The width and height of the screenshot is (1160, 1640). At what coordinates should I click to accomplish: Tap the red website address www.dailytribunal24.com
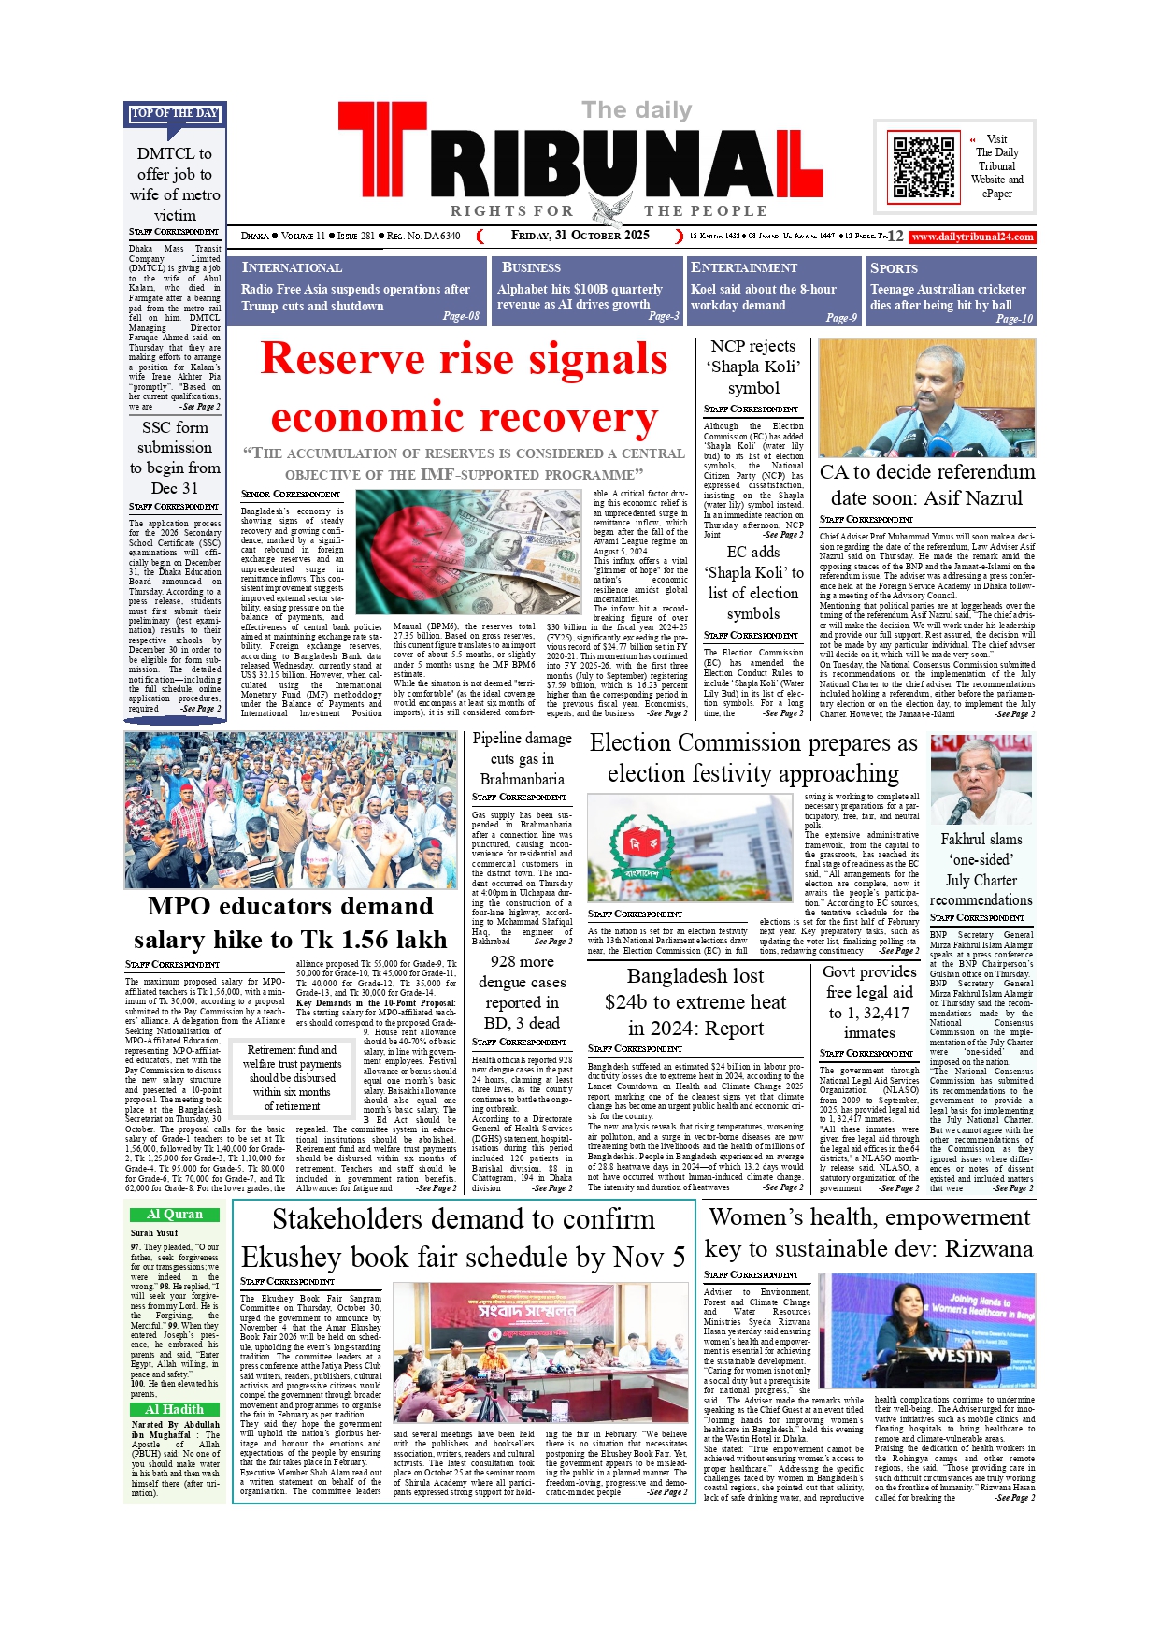point(972,237)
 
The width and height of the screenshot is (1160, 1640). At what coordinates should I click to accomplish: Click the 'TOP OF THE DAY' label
point(175,113)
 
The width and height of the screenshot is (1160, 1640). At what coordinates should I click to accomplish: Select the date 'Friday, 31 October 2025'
point(580,236)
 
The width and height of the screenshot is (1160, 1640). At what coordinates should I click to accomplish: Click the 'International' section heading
point(292,268)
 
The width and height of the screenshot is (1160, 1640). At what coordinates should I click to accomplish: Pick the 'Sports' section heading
point(894,268)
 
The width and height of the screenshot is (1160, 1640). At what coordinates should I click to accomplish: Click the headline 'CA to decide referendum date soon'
point(926,484)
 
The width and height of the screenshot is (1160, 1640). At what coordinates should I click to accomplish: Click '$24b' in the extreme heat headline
point(640,1002)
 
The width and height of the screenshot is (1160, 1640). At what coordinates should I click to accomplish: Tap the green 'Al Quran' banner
point(175,1215)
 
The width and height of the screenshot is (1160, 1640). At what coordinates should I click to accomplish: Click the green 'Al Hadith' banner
point(175,1409)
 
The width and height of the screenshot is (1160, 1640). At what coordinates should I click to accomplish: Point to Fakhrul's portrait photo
point(981,780)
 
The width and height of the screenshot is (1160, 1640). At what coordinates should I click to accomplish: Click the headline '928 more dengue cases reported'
point(522,991)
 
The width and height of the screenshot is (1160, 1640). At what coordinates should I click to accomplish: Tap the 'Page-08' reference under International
point(461,316)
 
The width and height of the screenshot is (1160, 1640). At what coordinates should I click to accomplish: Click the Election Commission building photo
point(690,847)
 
